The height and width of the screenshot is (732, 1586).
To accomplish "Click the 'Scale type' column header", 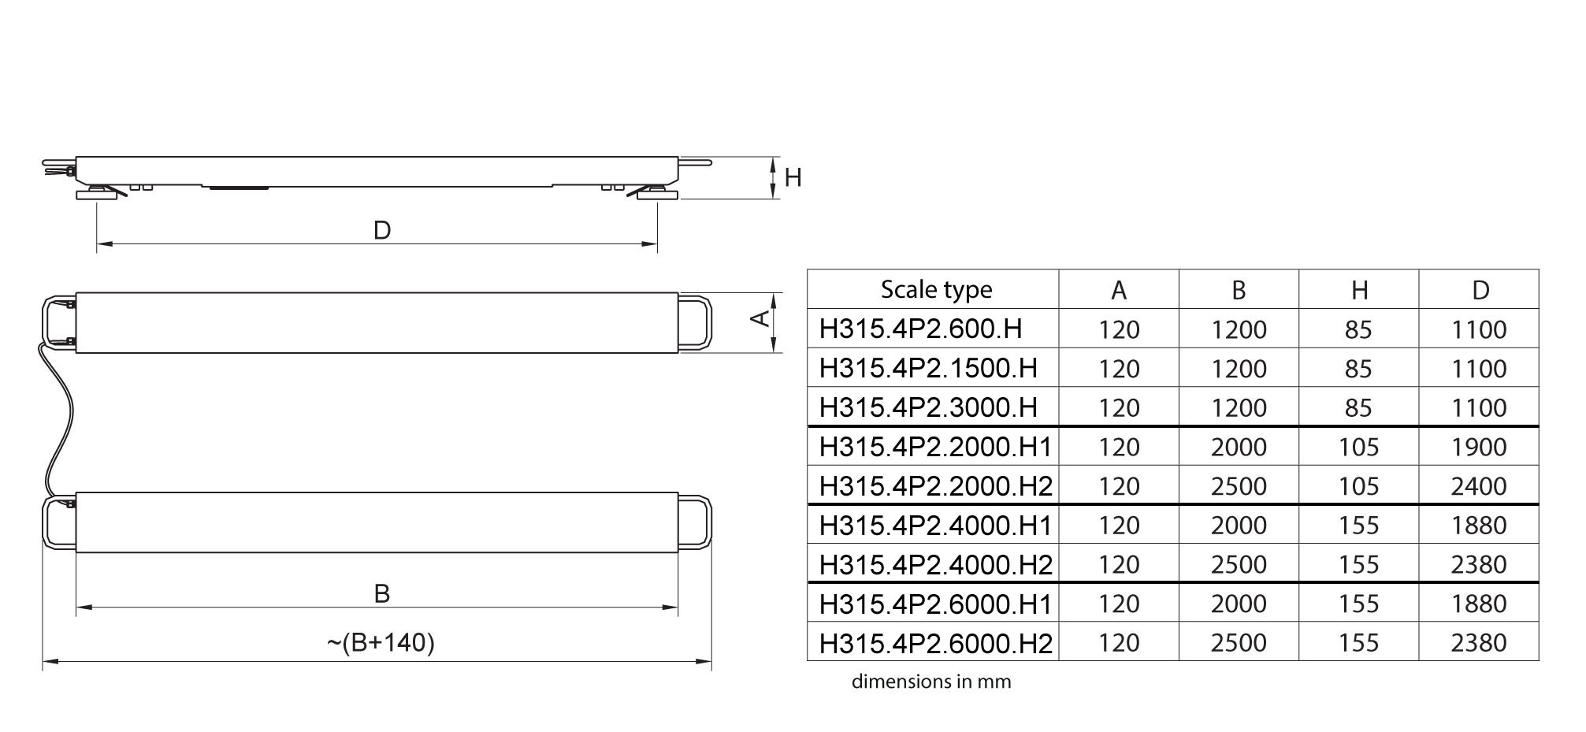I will coord(936,289).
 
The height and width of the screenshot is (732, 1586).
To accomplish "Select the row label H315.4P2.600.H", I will coord(920,329).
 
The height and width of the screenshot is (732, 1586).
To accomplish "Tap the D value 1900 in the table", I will coord(1479,447).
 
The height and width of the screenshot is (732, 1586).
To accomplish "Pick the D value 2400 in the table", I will coord(1479,486).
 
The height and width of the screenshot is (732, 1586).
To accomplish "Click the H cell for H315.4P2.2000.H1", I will coord(1358,447).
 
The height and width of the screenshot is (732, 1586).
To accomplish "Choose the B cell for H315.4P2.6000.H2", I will coord(1239,643).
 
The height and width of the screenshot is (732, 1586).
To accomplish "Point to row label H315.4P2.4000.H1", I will coord(935,525).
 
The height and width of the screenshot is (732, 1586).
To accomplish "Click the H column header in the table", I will coord(1359,290).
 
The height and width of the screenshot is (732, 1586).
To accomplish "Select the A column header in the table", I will coord(1119,290).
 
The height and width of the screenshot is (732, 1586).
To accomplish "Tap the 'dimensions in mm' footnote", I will coord(931,682).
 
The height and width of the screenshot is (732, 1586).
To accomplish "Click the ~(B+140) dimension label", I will coord(381,643).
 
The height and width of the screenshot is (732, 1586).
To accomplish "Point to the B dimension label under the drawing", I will coord(381,593).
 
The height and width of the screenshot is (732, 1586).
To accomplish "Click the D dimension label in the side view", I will coord(381,230).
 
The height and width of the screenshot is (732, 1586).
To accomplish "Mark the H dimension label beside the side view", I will coord(793,177).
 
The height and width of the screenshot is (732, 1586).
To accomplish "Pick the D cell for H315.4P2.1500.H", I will coord(1479,368).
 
